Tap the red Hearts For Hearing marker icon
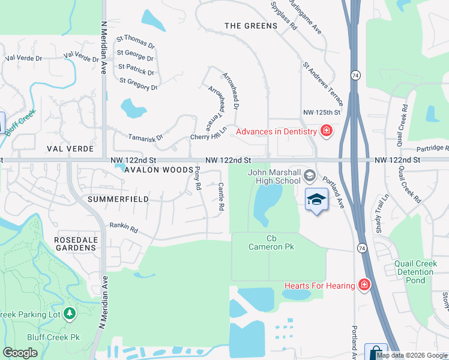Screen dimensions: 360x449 (x=364, y=286)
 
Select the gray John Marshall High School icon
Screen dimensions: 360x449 (x=310, y=176)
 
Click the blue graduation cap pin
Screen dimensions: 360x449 (x=316, y=200)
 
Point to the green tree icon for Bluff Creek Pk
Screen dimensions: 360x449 (x=70, y=313)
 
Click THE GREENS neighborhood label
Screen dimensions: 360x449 (x=251, y=26)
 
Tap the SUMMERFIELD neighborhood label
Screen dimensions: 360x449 (x=118, y=199)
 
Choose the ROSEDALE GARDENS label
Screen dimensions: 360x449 (x=76, y=244)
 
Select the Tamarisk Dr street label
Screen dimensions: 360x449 (x=146, y=137)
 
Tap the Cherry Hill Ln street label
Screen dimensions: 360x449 (x=209, y=133)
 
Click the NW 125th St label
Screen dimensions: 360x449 (x=322, y=112)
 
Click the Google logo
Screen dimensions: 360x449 (x=20, y=353)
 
